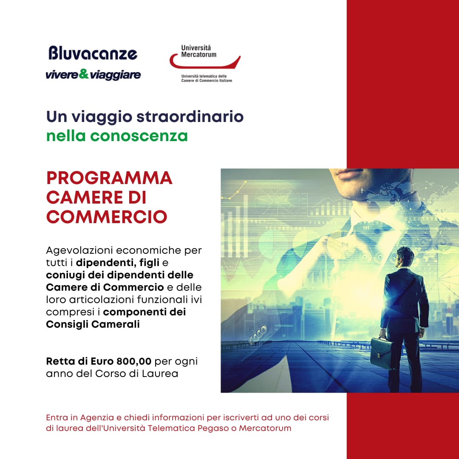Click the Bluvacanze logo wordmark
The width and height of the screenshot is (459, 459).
point(93,53)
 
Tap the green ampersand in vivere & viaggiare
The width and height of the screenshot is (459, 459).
point(84,74)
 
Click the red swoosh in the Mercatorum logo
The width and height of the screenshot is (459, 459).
point(204,61)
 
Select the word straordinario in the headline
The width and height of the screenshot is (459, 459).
point(190,116)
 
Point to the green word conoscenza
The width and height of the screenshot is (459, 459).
point(139,136)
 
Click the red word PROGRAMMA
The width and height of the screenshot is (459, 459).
point(109,178)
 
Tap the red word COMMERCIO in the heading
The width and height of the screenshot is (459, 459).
point(107,217)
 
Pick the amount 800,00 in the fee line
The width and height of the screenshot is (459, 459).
point(134,361)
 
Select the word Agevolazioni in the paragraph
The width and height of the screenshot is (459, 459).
point(79,251)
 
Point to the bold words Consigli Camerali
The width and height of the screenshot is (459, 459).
point(93,324)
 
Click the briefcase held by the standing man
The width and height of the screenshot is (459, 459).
point(381,353)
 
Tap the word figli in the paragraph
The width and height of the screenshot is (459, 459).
point(149,263)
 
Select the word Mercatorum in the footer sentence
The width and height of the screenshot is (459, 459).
point(265,428)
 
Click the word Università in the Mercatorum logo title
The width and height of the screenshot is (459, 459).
point(196,48)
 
